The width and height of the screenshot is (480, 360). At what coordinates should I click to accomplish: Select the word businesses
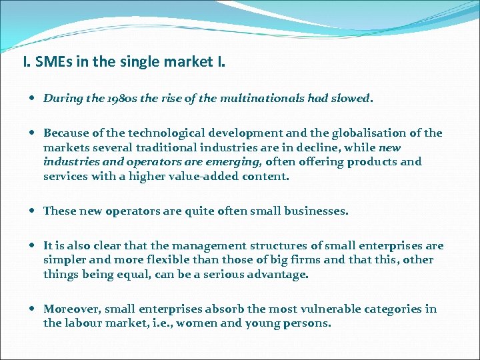(x=317, y=211)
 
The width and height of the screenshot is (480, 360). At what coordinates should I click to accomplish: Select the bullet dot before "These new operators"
(x=33, y=211)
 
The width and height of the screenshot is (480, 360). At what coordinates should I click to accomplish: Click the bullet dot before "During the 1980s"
(x=33, y=99)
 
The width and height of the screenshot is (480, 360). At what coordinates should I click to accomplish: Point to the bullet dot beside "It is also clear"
(x=33, y=245)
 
